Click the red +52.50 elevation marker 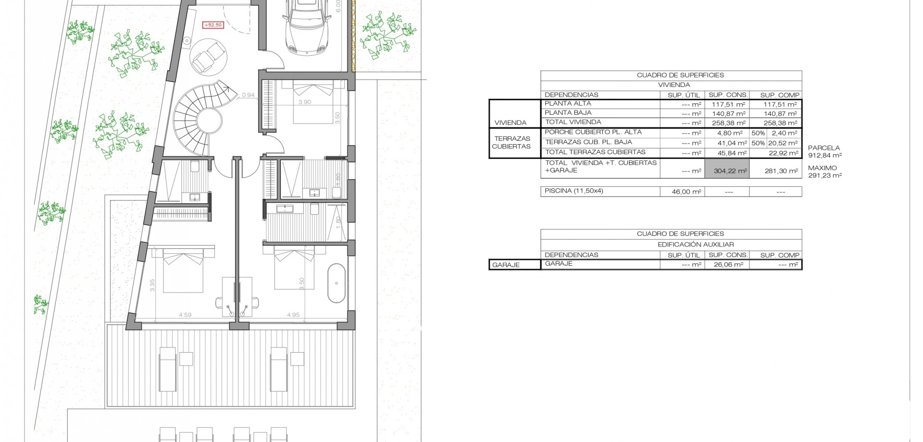pos(213,25)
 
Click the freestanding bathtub pos(337,283)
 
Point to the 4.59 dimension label pos(185,315)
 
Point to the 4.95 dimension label pos(293,315)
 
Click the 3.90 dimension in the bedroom pos(305,102)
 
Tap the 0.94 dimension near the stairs pos(248,95)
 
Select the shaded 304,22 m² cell pos(727,171)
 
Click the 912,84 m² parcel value pos(825,155)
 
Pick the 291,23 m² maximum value pos(825,175)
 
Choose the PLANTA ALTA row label pos(568,103)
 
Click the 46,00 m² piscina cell pos(686,191)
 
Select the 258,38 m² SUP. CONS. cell pos(729,123)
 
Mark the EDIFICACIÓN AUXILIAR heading pos(696,244)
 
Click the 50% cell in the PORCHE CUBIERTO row pos(758,133)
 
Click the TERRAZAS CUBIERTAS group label pos(511,143)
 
